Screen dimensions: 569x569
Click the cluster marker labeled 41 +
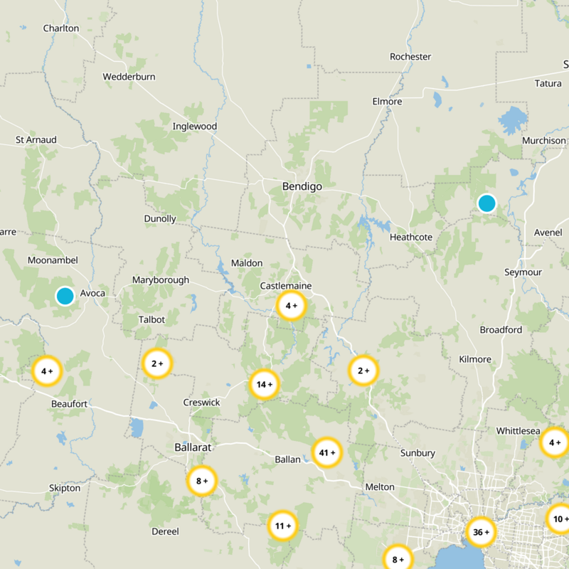point(327,452)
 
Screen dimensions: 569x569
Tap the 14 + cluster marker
point(264,385)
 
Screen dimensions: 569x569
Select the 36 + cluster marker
point(481,532)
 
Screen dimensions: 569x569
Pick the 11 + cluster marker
point(282,526)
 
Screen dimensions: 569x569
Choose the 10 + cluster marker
point(559,519)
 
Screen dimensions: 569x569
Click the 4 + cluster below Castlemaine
point(291,306)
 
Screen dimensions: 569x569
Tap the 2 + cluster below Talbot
point(157,363)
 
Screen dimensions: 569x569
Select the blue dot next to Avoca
point(65,296)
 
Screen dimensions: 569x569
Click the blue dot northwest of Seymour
point(486,203)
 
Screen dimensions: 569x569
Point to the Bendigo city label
point(302,186)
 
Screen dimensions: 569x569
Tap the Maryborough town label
point(161,280)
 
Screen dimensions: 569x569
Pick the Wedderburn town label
point(129,76)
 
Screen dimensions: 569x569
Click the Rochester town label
point(410,56)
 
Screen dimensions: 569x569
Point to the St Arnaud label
point(36,140)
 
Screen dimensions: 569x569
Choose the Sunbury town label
point(418,453)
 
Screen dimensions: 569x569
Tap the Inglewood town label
point(194,127)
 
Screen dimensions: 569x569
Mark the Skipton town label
point(65,488)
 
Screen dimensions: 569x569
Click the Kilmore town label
point(475,359)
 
